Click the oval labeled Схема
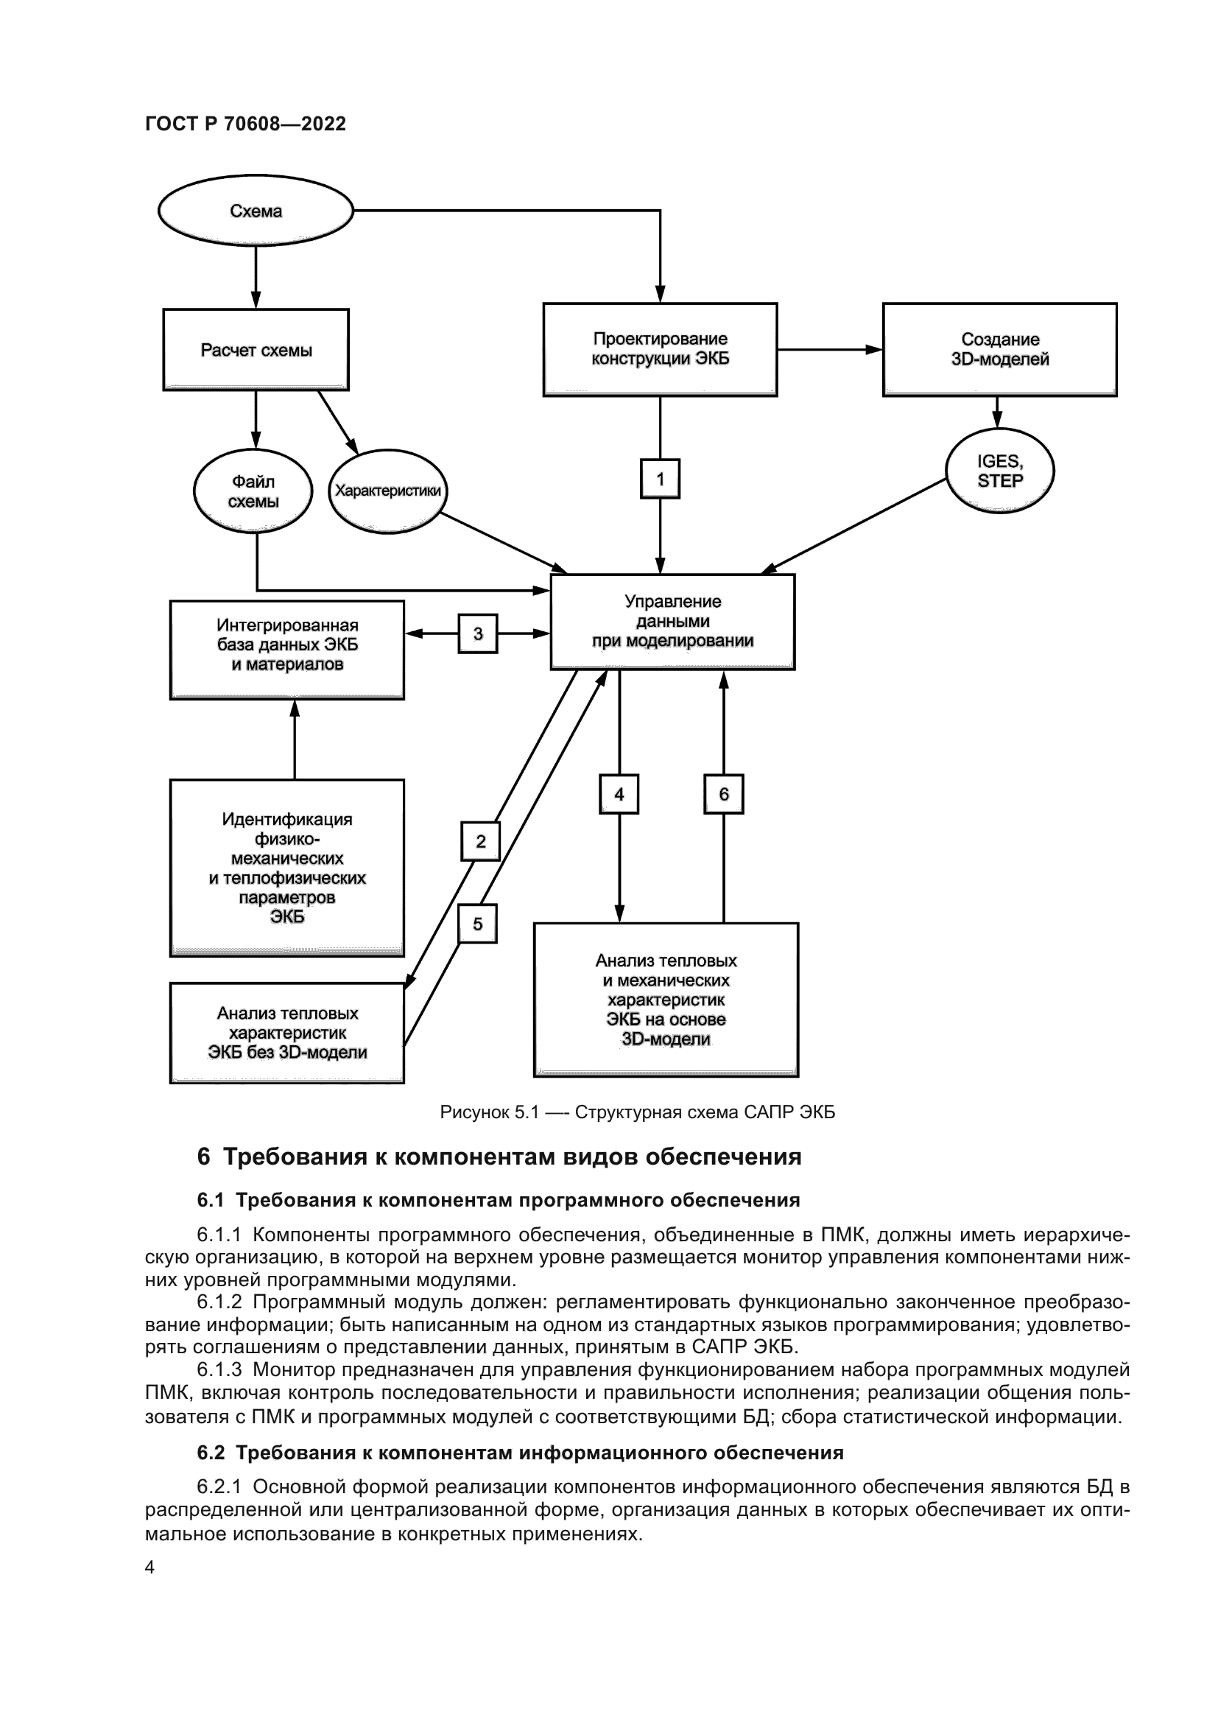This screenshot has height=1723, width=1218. coord(255,211)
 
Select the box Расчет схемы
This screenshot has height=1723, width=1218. coord(256,350)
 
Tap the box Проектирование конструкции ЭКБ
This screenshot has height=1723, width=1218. coord(660,349)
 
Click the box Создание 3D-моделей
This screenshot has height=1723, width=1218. coord(999,349)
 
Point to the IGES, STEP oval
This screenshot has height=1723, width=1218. coord(1000,471)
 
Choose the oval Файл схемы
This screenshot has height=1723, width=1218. coord(253,491)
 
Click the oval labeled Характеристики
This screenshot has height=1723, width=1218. coord(388,491)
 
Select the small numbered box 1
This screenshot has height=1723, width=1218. coord(660,479)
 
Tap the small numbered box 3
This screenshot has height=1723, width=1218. coord(478,634)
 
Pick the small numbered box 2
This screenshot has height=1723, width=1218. coord(481,841)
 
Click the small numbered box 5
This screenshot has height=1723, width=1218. coord(478,924)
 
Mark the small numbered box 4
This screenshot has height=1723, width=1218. coord(619,794)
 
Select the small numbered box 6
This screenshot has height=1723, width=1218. coord(724,794)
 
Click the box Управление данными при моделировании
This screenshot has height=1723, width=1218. coord(672,622)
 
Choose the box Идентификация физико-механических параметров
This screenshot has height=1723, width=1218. coord(287,868)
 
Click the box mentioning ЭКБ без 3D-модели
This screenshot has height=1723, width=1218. coord(287,1033)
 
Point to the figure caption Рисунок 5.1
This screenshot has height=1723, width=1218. coord(638,1112)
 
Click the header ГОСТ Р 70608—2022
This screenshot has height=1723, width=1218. coord(245,124)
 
